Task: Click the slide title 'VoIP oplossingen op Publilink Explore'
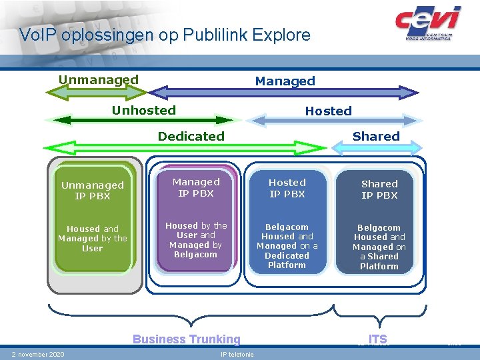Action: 165,35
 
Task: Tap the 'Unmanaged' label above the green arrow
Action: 99,80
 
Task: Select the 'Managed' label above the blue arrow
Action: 285,81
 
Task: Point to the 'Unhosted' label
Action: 144,111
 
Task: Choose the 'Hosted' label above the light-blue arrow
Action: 328,111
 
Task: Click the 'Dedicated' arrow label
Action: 191,137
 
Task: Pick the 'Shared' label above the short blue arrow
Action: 376,137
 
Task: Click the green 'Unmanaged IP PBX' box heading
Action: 93,191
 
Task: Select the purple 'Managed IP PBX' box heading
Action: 196,187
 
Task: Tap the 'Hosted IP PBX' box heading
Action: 287,188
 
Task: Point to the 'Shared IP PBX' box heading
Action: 379,189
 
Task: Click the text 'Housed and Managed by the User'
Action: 93,239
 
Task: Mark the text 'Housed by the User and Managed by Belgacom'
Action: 196,240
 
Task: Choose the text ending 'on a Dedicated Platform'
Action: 287,246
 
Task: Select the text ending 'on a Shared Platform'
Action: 379,247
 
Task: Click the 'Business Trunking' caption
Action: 186,339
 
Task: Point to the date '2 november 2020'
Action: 38,354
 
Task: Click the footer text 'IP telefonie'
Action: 237,355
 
